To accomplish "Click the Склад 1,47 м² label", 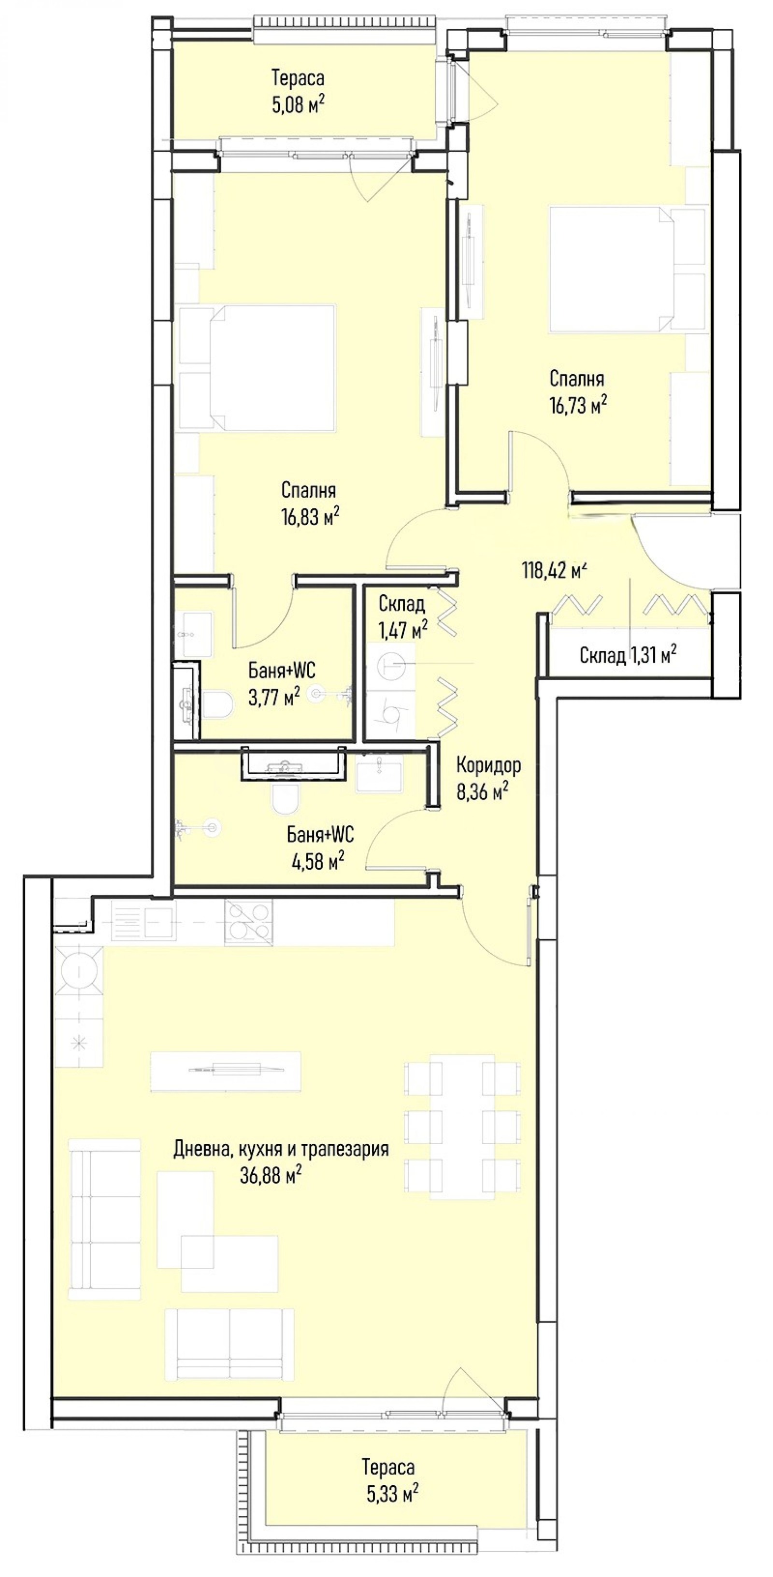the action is pyautogui.click(x=402, y=616).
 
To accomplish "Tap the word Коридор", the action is pyautogui.click(x=489, y=765).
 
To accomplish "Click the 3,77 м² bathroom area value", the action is pyautogui.click(x=273, y=697).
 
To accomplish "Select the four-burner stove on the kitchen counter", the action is pyautogui.click(x=248, y=922).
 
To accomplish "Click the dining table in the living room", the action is pyautogui.click(x=462, y=1126).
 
